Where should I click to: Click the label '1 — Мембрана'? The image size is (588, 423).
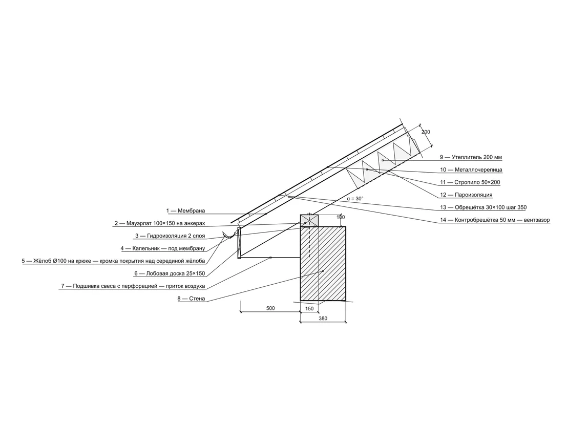(x=185, y=211)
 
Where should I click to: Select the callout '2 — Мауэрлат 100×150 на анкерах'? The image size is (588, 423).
(x=160, y=223)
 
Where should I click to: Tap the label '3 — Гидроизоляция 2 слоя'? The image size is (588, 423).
(x=170, y=236)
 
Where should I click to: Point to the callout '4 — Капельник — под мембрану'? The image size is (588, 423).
(x=163, y=248)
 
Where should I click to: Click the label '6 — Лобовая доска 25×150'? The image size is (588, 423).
(x=170, y=273)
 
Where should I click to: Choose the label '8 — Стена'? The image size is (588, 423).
(x=191, y=299)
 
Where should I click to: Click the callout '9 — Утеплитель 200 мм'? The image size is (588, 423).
(x=471, y=157)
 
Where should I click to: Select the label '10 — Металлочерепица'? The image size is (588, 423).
(x=471, y=170)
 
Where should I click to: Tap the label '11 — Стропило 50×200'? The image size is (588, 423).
(x=470, y=182)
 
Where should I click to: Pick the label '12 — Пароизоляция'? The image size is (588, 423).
(x=466, y=195)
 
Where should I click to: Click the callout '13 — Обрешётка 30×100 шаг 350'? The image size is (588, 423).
(x=484, y=207)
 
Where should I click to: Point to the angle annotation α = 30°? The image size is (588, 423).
(x=355, y=198)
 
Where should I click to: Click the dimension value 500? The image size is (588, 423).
(x=270, y=308)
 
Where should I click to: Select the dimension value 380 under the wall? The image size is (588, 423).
(x=323, y=319)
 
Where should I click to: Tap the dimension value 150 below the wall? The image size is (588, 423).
(x=309, y=309)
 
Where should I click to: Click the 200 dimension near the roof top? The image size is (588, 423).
(x=426, y=132)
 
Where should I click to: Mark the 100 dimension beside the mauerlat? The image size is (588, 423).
(x=341, y=217)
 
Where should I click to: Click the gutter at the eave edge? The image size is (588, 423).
(x=229, y=236)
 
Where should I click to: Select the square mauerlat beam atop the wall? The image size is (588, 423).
(x=309, y=221)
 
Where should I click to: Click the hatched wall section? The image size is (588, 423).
(x=323, y=263)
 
